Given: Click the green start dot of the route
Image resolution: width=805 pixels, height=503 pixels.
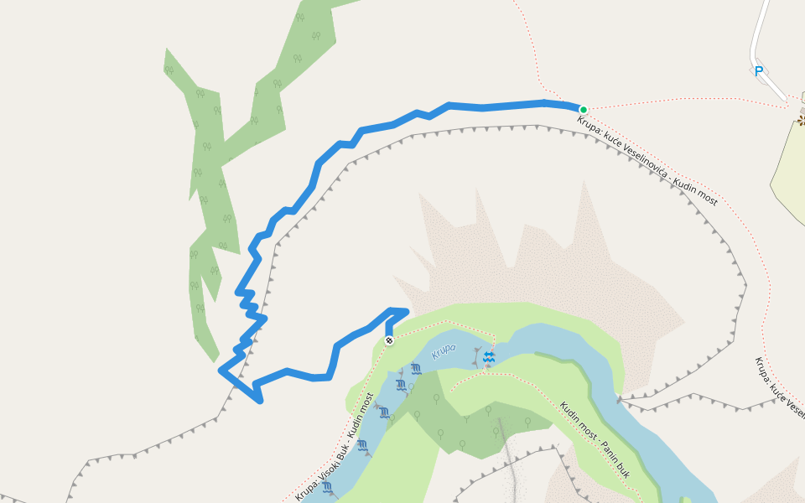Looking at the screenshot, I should point(583,109).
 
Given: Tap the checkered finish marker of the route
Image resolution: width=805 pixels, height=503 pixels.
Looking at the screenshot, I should point(389,340).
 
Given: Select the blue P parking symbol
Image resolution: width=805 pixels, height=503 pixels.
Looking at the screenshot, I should point(758,71).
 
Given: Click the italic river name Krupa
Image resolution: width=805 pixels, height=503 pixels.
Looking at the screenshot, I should point(444,350).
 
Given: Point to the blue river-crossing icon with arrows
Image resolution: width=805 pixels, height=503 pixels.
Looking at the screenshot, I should point(489,358).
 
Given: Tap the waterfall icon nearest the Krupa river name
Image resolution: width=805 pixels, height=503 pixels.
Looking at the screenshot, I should point(416,369).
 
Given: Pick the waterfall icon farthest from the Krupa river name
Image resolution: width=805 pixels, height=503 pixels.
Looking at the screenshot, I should point(327,487).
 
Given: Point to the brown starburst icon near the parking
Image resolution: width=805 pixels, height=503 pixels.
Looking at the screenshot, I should point(801,121).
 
